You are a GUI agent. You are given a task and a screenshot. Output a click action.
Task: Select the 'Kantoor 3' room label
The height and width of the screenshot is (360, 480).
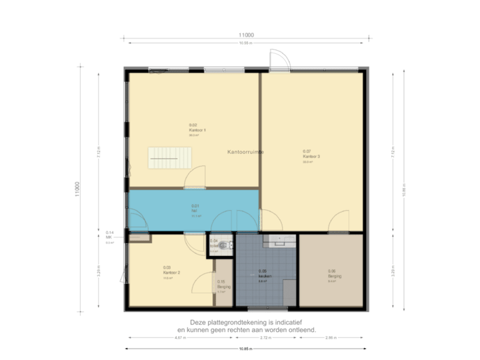pos(311,156)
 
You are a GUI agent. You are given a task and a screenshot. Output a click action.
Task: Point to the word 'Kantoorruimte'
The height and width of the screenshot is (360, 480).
pos(245,152)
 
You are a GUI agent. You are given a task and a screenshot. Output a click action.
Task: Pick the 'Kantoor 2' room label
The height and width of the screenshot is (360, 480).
pos(172,272)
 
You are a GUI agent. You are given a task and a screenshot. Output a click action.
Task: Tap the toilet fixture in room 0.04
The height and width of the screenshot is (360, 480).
pos(227,246)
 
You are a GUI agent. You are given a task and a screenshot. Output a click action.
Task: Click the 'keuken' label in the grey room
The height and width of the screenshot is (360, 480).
pos(263,276)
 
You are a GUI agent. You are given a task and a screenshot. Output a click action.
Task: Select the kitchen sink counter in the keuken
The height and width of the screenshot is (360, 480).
pos(279,240)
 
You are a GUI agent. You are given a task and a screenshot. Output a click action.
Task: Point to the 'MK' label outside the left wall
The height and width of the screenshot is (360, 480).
pos(109,237)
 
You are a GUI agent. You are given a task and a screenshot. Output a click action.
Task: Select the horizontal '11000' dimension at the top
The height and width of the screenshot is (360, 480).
pos(247,35)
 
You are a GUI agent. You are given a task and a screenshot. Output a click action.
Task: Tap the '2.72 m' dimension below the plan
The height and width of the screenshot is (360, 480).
pos(265,338)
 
